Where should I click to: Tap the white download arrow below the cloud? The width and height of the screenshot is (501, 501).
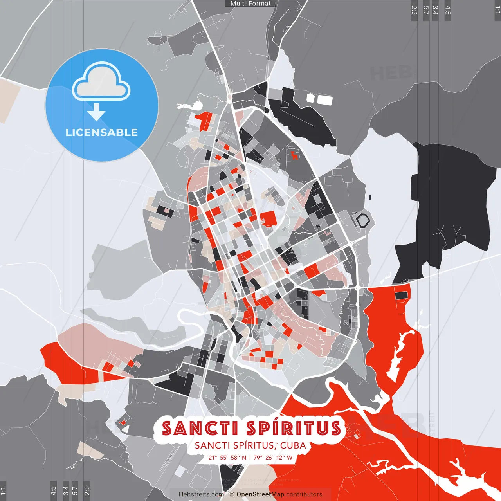pos(96,112)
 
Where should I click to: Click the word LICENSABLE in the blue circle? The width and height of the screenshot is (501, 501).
pos(102,132)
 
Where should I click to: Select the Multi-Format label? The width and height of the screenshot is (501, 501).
pos(250,4)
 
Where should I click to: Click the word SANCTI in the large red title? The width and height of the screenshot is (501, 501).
pos(199,428)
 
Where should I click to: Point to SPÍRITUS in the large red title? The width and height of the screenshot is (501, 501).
pos(294,428)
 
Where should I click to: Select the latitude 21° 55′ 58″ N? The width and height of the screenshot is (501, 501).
pos(227,457)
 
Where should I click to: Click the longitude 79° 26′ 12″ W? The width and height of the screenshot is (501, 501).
pos(273,457)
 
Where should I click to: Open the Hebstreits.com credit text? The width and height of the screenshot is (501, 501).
pos(201,494)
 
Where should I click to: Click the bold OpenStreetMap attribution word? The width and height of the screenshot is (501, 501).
pos(260,494)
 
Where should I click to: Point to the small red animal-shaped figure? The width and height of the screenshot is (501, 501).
pos(294,155)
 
